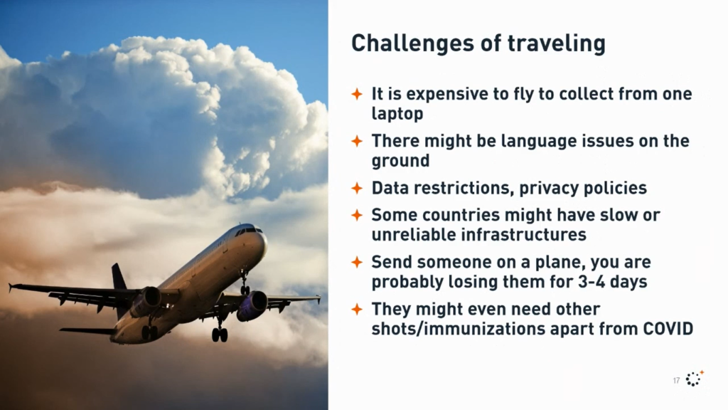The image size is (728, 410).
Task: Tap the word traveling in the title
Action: click(557, 43)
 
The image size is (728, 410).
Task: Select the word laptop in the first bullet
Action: click(397, 114)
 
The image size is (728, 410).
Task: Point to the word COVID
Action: click(668, 329)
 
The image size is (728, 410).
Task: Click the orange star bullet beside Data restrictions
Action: click(357, 188)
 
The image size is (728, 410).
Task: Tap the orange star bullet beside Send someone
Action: click(357, 262)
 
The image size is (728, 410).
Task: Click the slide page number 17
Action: click(677, 381)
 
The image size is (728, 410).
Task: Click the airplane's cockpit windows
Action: click(248, 231)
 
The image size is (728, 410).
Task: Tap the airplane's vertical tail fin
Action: click(119, 277)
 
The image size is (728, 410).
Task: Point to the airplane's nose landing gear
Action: click(244, 283)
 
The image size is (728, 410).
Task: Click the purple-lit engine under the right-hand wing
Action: click(252, 306)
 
